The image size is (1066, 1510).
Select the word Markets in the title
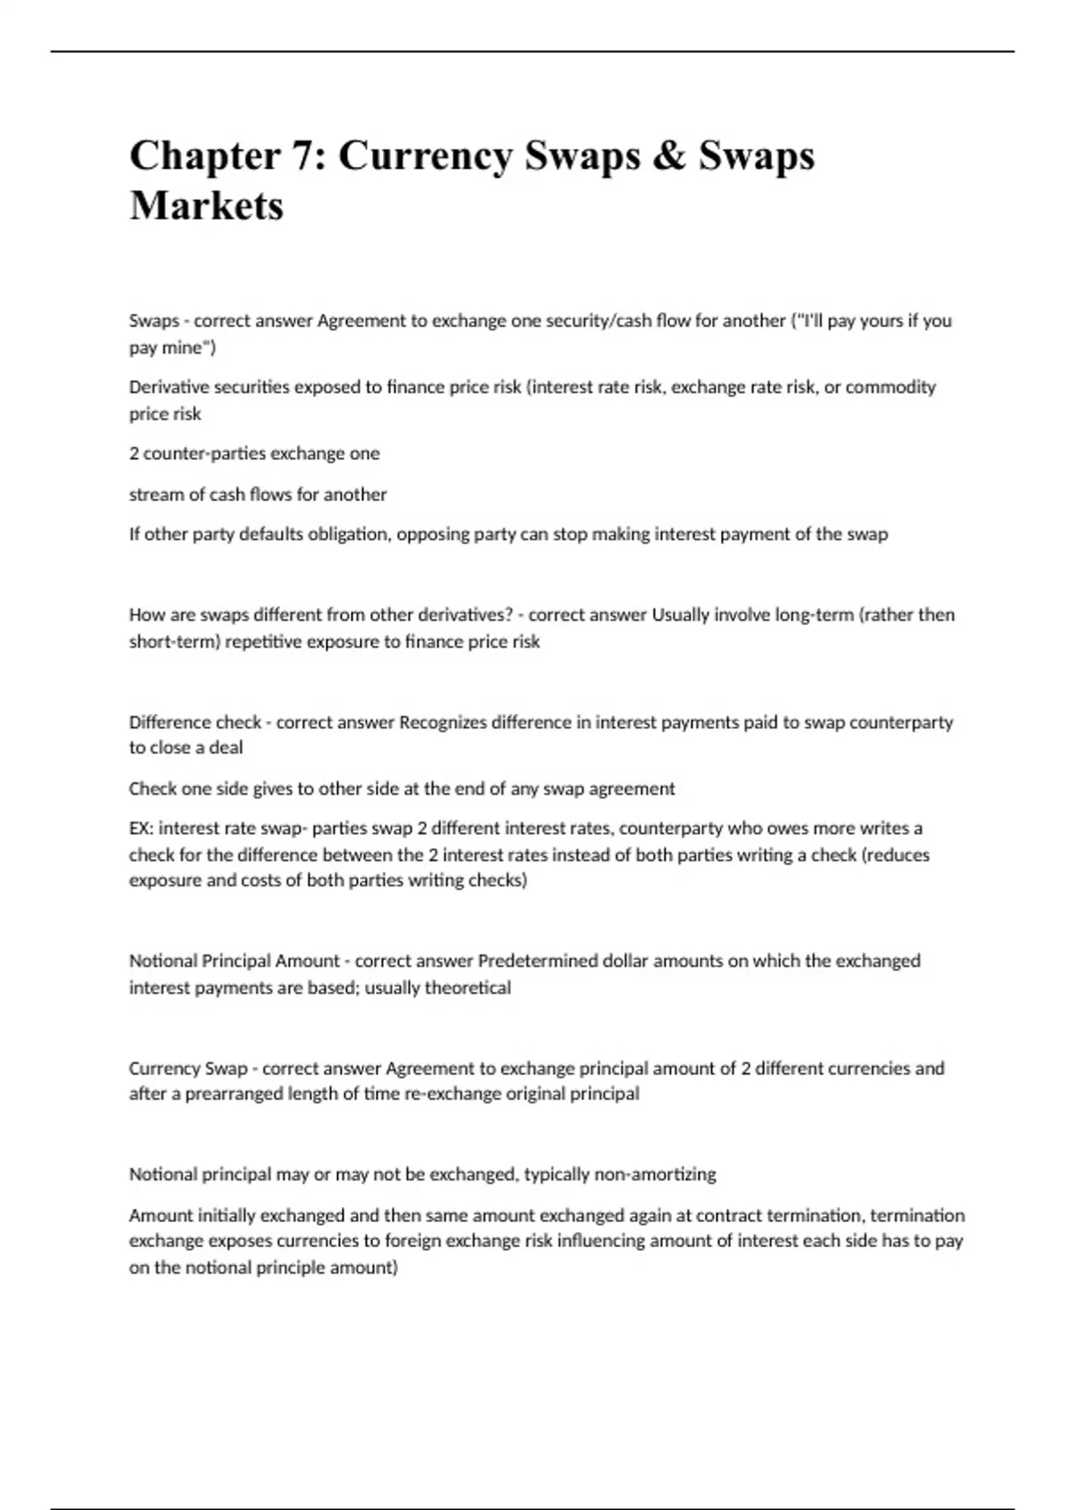click(x=206, y=206)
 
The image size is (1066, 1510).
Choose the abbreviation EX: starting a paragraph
click(x=140, y=829)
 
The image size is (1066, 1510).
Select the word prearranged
click(x=235, y=1094)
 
